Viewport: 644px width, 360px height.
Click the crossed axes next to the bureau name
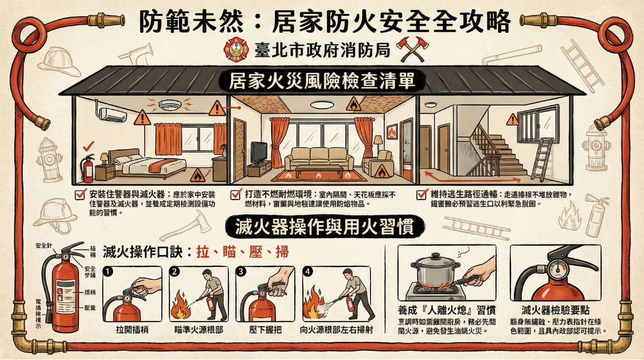(x=409, y=49)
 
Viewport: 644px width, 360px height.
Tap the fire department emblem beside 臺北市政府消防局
(x=233, y=49)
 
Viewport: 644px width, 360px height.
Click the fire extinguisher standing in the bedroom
(x=88, y=167)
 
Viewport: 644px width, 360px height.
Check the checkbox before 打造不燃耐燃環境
(x=235, y=194)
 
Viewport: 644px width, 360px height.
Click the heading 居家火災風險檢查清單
(x=322, y=81)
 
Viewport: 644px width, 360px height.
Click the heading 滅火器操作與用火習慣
(x=322, y=227)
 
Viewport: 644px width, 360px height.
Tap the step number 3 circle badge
(x=241, y=271)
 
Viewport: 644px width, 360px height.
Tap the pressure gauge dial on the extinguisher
(x=556, y=269)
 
